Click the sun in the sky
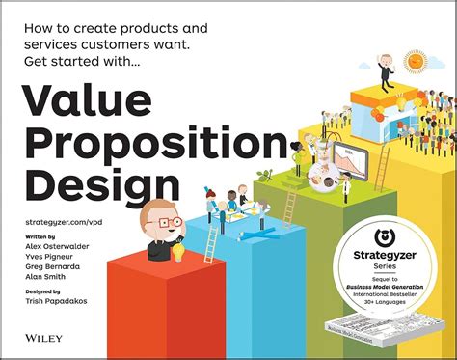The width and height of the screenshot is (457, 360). click(x=416, y=61)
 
